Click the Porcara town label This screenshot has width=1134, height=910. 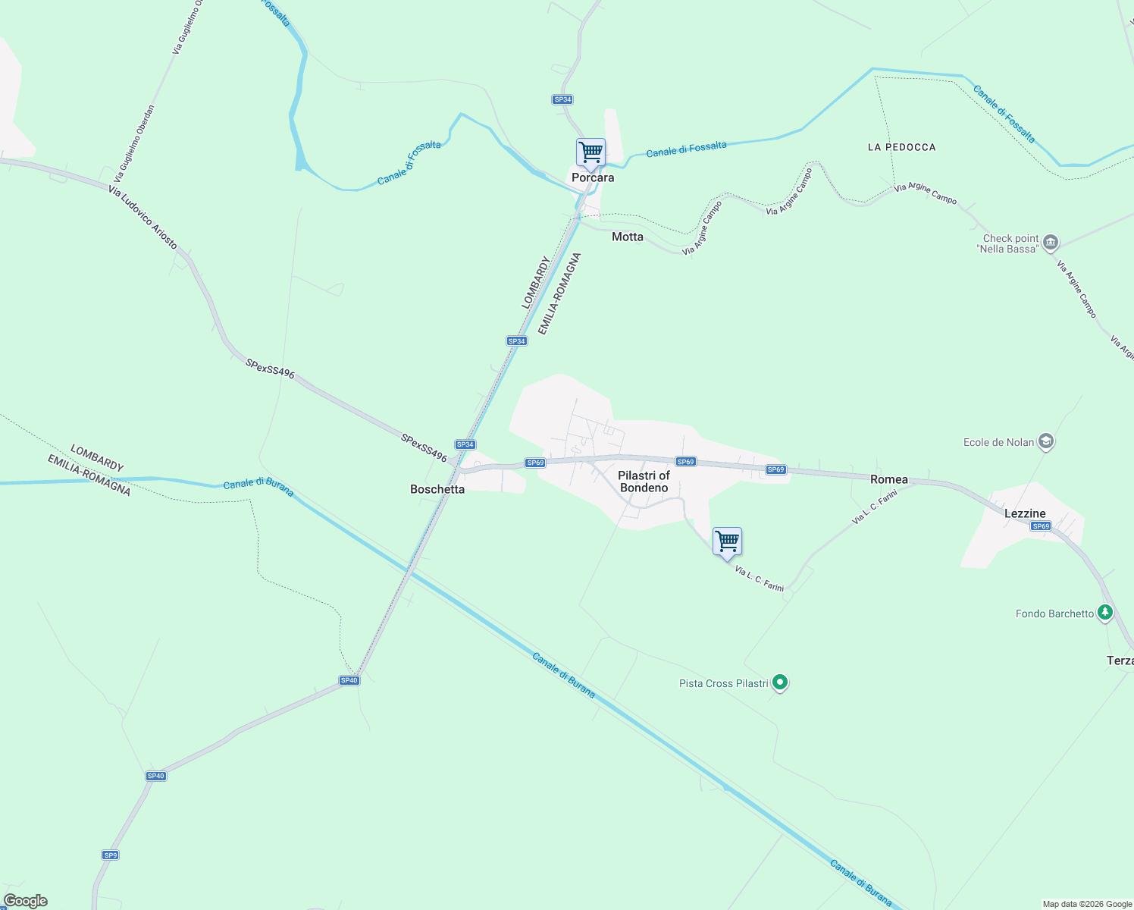coord(593,177)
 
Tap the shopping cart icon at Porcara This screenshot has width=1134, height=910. coord(590,152)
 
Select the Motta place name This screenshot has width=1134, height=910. coord(628,237)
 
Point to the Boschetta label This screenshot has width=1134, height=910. coord(437,489)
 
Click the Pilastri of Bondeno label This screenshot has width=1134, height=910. coord(644,482)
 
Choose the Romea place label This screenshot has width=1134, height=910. coord(889,479)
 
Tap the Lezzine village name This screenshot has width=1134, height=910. coord(1025,513)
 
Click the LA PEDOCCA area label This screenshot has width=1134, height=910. coord(902,147)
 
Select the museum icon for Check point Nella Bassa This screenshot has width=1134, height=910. coord(1050,243)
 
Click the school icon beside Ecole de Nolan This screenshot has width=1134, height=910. coord(1046,441)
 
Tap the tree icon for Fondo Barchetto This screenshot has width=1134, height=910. coord(1105,612)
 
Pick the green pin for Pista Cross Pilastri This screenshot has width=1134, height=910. coord(780,682)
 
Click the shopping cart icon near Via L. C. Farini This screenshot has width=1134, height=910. coord(727,542)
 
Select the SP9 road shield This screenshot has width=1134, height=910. coord(111,855)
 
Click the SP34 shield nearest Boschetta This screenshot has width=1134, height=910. coord(465,445)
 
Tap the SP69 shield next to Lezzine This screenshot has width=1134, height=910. coord(1041,526)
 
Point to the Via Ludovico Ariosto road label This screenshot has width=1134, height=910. coord(143,218)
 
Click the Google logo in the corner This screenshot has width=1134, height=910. coord(26,901)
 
